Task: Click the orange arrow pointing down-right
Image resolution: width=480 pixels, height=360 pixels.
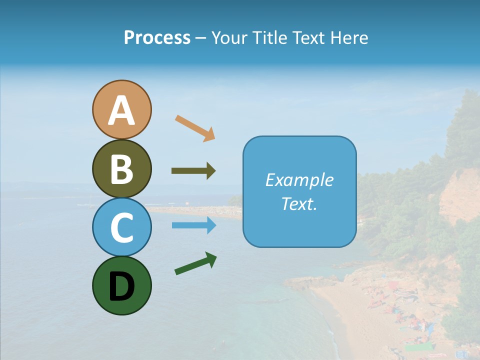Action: pos(195,127)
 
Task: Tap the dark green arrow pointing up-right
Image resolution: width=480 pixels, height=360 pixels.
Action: pos(195,263)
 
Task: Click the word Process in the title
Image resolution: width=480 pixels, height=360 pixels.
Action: pos(157,38)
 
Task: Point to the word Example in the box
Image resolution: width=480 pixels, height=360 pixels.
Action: pos(299,180)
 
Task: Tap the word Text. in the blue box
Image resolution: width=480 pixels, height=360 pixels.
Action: pos(299,203)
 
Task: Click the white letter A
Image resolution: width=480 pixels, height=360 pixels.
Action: pos(121,110)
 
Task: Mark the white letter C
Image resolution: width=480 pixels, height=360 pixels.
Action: pos(121,228)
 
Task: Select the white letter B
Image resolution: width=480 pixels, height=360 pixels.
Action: pos(121,169)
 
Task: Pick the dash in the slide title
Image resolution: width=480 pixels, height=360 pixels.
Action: pos(201,38)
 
